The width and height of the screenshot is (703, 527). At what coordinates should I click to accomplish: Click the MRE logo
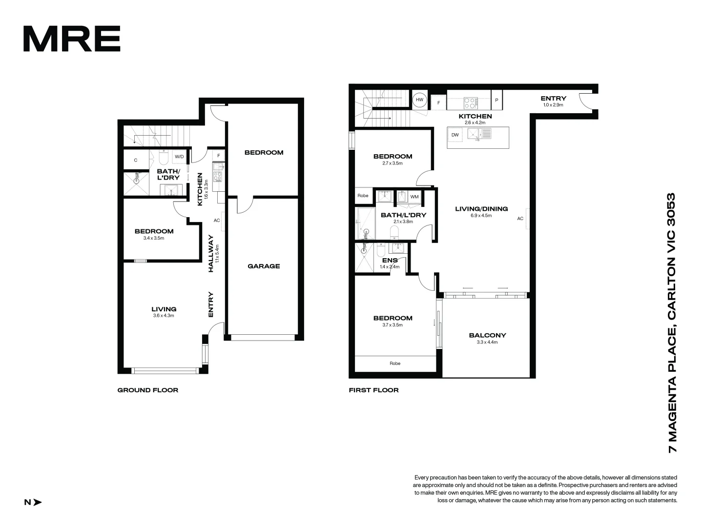pyautogui.click(x=72, y=39)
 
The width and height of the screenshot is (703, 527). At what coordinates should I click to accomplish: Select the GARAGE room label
pyautogui.click(x=264, y=266)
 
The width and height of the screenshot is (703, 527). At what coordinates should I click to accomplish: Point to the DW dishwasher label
pyautogui.click(x=455, y=135)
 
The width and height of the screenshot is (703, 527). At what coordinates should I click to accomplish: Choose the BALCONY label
pyautogui.click(x=487, y=335)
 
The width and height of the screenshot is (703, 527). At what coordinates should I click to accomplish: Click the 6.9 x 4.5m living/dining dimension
pyautogui.click(x=481, y=215)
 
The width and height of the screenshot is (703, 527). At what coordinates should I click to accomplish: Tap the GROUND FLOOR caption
pyautogui.click(x=147, y=390)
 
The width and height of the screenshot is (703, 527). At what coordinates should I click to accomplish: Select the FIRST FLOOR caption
pyautogui.click(x=373, y=390)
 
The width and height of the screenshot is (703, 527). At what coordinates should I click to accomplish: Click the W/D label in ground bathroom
pyautogui.click(x=179, y=157)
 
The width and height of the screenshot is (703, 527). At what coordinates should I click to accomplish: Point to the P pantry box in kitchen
pyautogui.click(x=496, y=101)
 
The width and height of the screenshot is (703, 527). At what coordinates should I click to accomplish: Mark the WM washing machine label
pyautogui.click(x=414, y=197)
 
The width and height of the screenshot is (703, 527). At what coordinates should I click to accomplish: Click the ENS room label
pyautogui.click(x=390, y=260)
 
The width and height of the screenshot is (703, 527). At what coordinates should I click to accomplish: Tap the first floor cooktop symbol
pyautogui.click(x=471, y=102)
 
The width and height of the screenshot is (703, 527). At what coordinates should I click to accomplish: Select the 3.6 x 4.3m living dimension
pyautogui.click(x=164, y=316)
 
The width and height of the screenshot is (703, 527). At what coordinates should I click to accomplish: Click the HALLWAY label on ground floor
pyautogui.click(x=211, y=253)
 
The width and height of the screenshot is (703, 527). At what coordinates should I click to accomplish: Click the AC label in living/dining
pyautogui.click(x=520, y=219)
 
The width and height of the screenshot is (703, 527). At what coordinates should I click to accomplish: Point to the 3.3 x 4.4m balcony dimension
pyautogui.click(x=487, y=342)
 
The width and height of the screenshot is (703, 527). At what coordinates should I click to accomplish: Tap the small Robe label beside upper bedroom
pyautogui.click(x=363, y=196)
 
